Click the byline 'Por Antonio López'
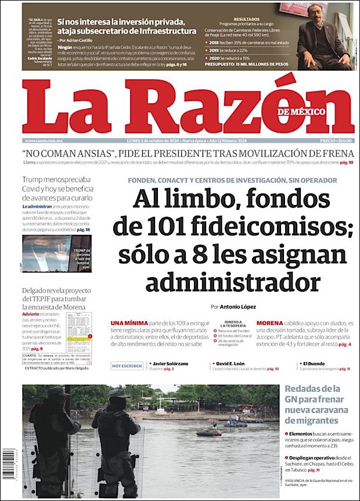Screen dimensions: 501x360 [x=233, y=306]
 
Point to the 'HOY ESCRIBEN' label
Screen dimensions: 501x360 [x=127, y=366]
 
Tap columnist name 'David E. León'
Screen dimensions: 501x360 [x=231, y=363]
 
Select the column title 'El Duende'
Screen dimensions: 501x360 [x=315, y=363]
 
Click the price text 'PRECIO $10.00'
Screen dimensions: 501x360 [x=336, y=141]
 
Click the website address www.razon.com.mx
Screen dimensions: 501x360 [x=44, y=141]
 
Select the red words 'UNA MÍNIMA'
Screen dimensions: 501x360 [x=124, y=323]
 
